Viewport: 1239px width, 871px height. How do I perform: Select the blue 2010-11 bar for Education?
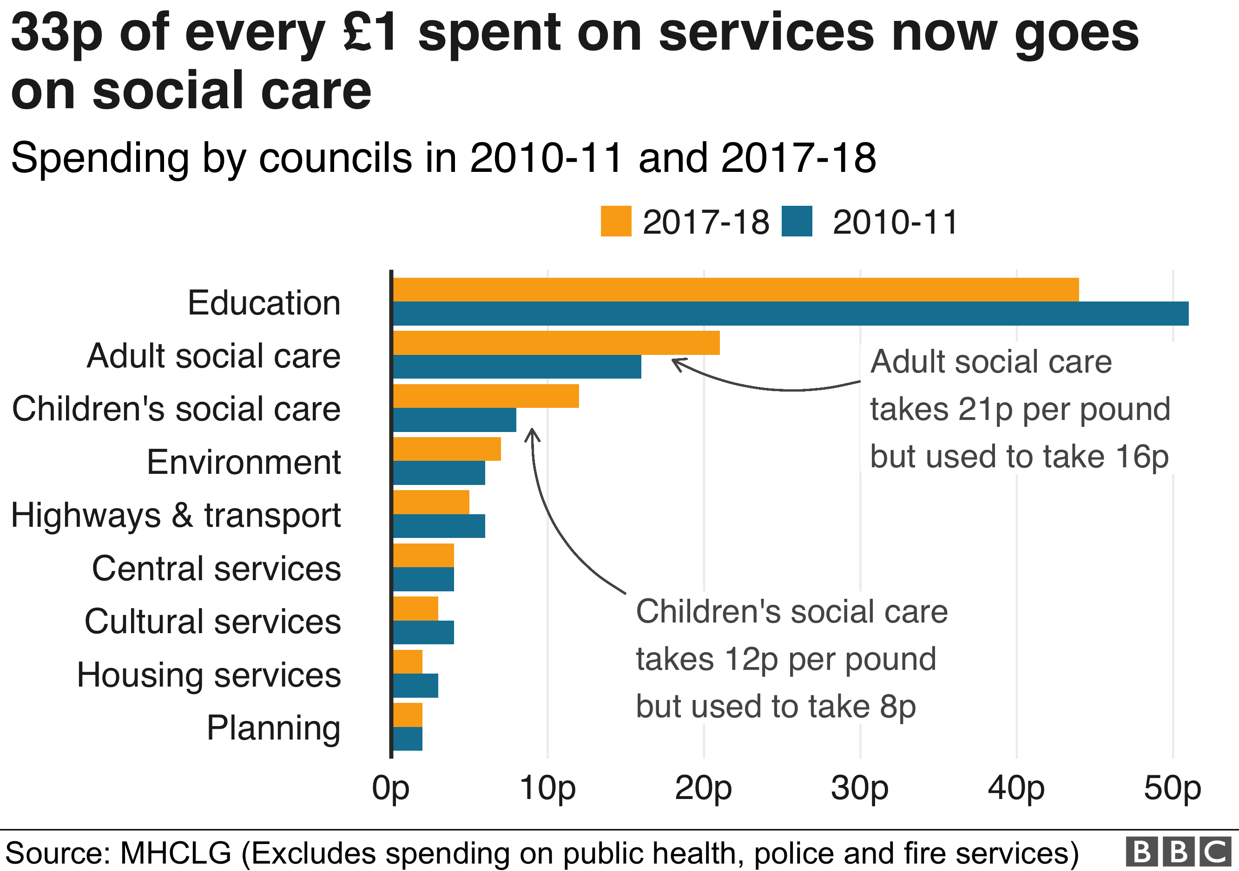click(x=791, y=314)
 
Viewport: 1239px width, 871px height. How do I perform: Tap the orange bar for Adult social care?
click(x=556, y=342)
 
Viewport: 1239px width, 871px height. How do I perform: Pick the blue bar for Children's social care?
click(x=455, y=419)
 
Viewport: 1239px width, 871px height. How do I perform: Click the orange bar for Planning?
click(x=408, y=714)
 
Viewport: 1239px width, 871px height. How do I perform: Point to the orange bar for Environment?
click(x=447, y=449)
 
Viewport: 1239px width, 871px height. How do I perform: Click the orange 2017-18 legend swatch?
click(x=616, y=221)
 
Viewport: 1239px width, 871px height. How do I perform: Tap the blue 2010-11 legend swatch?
click(x=797, y=221)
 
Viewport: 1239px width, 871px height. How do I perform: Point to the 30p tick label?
click(x=860, y=788)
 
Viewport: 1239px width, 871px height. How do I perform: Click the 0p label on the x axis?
click(x=391, y=788)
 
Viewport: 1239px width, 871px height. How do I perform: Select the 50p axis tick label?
click(x=1172, y=788)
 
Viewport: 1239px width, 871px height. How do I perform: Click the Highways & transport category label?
click(x=176, y=515)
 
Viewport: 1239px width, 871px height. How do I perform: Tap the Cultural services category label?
click(x=212, y=621)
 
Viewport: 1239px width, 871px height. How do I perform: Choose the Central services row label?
click(x=217, y=569)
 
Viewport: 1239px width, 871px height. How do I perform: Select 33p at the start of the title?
click(x=57, y=33)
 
